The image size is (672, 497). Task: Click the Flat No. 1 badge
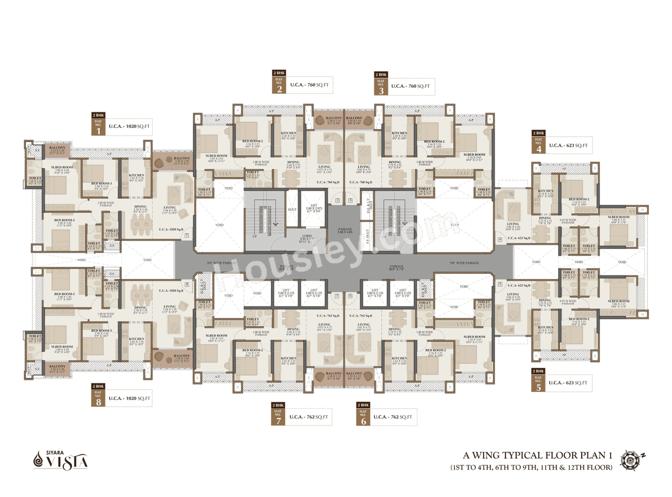point(98,128)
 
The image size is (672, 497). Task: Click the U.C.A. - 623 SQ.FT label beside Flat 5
point(570,383)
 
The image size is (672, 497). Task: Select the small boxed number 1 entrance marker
point(187,236)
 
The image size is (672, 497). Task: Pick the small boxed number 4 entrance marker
point(500,240)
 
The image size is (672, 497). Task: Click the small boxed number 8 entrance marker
point(187,284)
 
